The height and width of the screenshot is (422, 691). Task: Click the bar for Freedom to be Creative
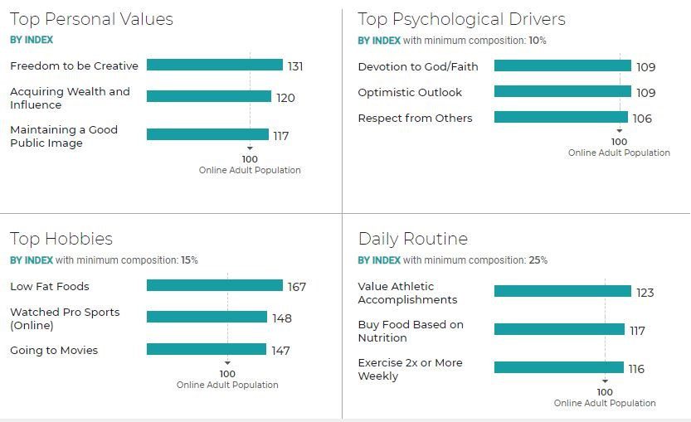(x=215, y=65)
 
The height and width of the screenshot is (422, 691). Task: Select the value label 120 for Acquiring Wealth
(x=285, y=98)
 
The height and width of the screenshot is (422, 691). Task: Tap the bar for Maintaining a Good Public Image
(x=207, y=134)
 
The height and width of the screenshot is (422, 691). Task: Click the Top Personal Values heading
(x=91, y=19)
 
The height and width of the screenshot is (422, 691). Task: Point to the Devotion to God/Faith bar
(x=562, y=66)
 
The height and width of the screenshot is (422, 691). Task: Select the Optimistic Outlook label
(x=410, y=92)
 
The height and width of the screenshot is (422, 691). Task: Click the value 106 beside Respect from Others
(x=642, y=119)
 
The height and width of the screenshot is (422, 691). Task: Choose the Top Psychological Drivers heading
(x=461, y=19)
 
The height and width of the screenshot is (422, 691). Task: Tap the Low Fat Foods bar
(x=215, y=286)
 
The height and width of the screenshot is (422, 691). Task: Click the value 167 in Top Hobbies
(x=296, y=287)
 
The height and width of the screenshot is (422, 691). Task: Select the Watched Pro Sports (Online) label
(x=65, y=318)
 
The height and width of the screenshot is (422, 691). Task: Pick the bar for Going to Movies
(x=207, y=350)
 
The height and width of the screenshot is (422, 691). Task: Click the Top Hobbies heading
(x=61, y=239)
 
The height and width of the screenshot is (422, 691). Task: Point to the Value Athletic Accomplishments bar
(x=562, y=291)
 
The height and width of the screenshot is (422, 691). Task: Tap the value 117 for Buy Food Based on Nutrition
(x=637, y=331)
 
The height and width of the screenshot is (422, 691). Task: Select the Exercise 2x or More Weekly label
(x=410, y=369)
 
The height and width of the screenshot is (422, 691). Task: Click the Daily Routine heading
(x=413, y=239)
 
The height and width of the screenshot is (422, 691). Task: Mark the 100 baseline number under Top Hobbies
(x=227, y=374)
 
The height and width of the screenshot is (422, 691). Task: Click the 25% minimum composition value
(x=538, y=260)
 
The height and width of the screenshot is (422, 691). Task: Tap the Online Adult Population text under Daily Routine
(x=605, y=403)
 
